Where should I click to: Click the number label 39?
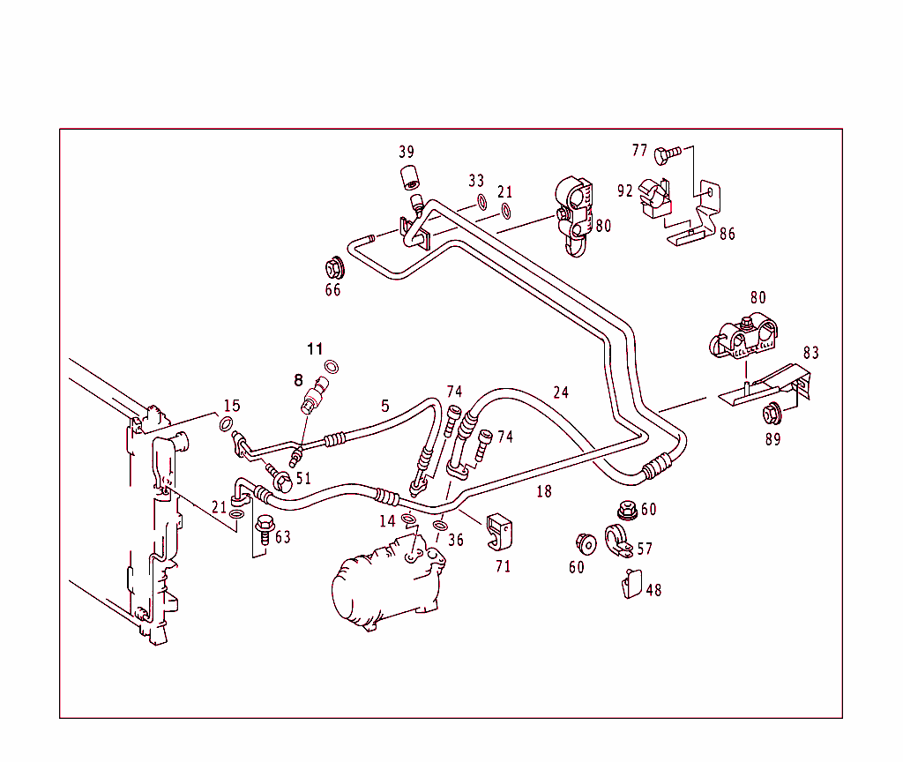point(407,153)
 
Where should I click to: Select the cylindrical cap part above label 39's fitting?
point(408,177)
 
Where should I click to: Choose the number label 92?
point(625,191)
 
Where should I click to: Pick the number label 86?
point(727,235)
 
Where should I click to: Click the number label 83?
point(810,353)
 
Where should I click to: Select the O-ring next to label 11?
point(332,367)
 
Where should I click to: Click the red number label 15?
point(231,407)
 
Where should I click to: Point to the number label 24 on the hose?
point(561,392)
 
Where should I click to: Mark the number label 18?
point(544,492)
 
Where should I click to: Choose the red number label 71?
point(503,567)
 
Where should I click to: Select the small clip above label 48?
point(631,584)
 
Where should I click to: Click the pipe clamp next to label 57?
point(616,542)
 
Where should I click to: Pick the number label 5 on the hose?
point(384,407)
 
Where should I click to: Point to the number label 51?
point(303,479)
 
